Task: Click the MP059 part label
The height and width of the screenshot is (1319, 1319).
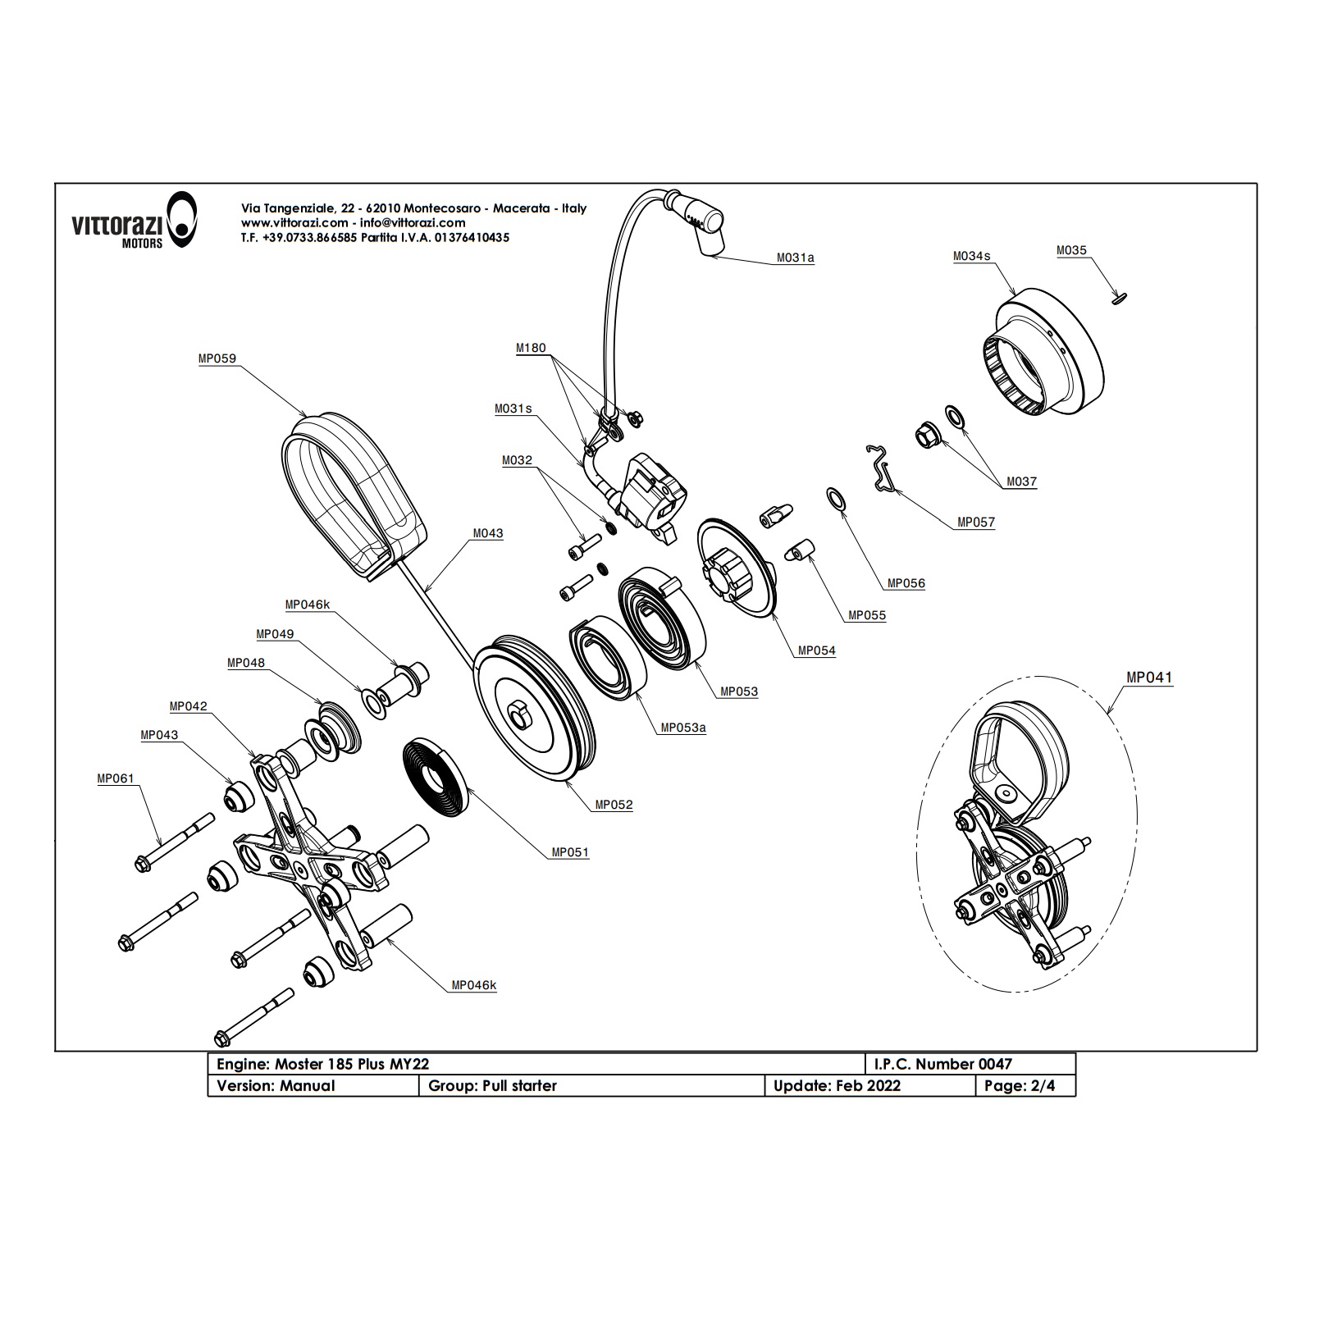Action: coord(217,358)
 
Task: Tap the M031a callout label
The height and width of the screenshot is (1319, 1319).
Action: coord(795,258)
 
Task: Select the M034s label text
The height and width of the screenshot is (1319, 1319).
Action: coord(971,256)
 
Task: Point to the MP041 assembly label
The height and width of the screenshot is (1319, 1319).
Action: coord(1148,678)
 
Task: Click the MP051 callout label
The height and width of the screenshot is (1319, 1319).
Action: coord(569,852)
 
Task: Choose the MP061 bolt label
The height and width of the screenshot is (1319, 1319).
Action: coord(115,778)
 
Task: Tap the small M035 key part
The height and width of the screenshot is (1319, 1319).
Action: coord(1120,301)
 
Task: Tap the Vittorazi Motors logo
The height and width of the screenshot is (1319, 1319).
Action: coord(135,221)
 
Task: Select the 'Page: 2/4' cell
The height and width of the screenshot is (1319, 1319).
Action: coord(1025,1085)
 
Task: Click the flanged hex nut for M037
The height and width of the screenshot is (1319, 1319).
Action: coord(927,433)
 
